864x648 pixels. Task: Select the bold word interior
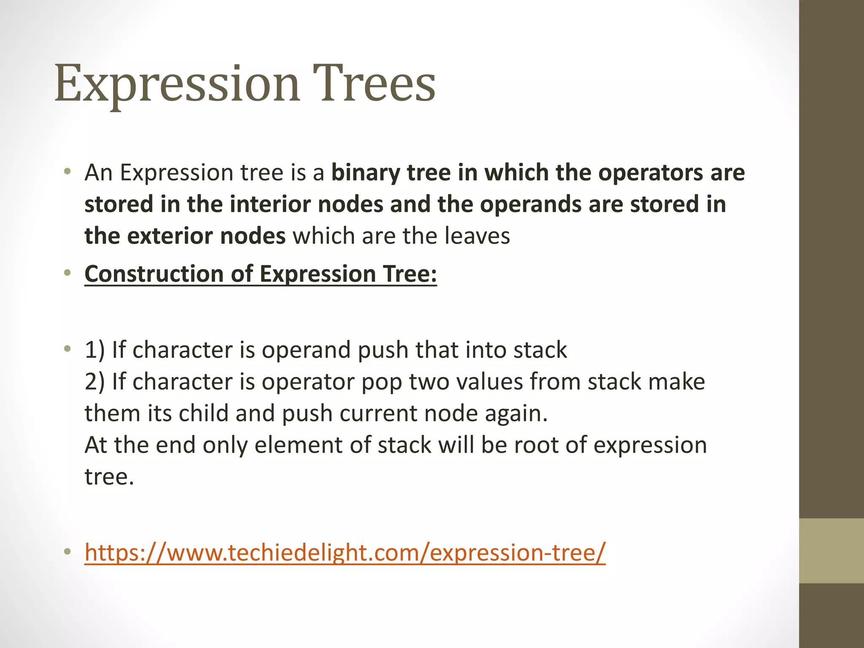click(270, 205)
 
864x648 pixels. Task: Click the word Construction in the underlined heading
click(154, 274)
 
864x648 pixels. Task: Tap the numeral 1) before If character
click(94, 350)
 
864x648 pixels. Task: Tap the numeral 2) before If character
click(94, 382)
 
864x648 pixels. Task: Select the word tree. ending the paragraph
click(109, 477)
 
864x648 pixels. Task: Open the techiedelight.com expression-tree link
click(345, 553)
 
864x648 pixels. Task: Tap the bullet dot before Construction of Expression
click(67, 273)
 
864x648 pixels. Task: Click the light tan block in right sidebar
click(831, 551)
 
